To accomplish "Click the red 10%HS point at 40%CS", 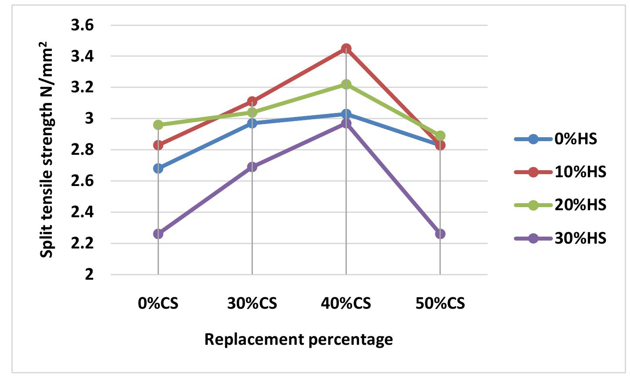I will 346,48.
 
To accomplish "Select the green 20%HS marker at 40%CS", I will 346,84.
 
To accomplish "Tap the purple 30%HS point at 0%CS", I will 158,234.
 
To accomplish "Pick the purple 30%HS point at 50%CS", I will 440,234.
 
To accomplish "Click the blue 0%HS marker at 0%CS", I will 158,168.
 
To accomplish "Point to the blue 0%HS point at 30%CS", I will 252,123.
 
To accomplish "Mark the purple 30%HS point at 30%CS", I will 252,167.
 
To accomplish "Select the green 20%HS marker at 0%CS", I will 158,125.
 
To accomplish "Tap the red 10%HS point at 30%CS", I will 252,102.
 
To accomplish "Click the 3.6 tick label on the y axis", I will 83,26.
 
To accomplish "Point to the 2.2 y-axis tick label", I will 83,244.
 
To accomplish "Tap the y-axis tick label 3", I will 90,119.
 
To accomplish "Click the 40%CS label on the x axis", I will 346,304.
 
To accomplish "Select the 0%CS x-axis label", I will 158,304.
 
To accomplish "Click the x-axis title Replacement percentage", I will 299,339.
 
